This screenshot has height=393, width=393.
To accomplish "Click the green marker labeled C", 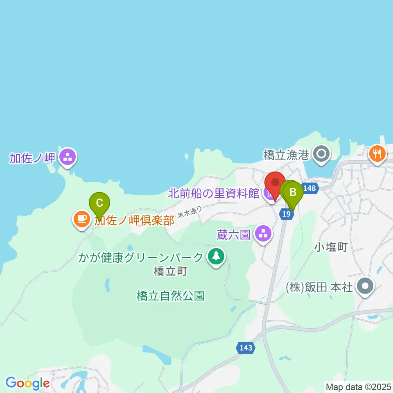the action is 99,203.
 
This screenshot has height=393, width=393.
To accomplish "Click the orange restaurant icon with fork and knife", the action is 377,154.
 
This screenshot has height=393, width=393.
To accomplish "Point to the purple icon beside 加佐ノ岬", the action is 67,157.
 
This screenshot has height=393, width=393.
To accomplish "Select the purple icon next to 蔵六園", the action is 263,234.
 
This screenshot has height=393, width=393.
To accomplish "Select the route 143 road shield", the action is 246,348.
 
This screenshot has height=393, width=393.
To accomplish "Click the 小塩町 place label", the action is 331,247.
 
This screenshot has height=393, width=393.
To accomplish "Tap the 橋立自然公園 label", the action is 170,296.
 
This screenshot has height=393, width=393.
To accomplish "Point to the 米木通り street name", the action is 190,211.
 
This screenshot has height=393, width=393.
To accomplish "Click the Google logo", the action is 27,383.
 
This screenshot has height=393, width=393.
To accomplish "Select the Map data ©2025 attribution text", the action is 359,386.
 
